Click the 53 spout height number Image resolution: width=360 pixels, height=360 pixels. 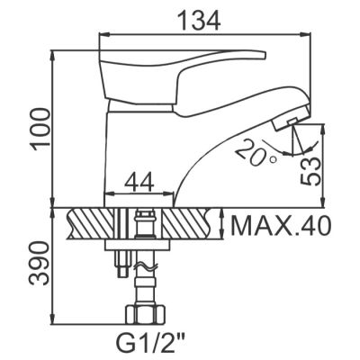pyautogui.click(x=310, y=169)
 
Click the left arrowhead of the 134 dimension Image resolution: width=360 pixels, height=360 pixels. pyautogui.click(x=102, y=34)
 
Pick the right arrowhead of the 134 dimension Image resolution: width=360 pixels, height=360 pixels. pyautogui.click(x=308, y=34)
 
